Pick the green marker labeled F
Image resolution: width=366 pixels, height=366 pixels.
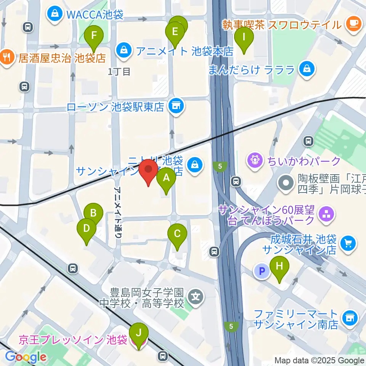94,37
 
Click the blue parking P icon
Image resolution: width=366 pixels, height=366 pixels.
262,271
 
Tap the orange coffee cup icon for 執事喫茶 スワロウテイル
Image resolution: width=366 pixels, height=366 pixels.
353,24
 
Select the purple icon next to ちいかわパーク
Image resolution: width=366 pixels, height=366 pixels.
254,160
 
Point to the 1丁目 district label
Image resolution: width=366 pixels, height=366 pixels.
119,71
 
